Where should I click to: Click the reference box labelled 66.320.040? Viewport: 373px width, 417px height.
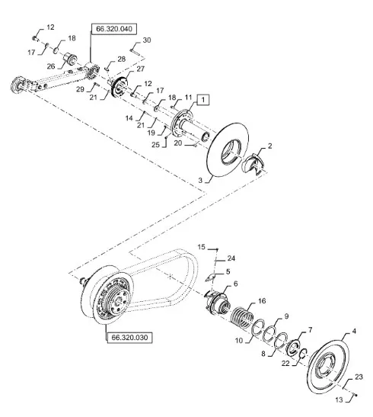[x=114, y=29]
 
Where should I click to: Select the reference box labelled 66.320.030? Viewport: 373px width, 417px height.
[x=129, y=338]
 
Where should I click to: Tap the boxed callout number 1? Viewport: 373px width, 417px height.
[x=203, y=100]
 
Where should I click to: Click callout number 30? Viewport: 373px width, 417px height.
[x=147, y=40]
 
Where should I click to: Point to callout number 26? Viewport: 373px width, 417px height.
[x=51, y=66]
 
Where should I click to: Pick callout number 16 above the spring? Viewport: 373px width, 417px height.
[x=262, y=301]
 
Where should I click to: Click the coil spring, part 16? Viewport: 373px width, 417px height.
[x=242, y=318]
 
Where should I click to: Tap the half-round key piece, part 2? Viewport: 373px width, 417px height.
[x=253, y=164]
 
